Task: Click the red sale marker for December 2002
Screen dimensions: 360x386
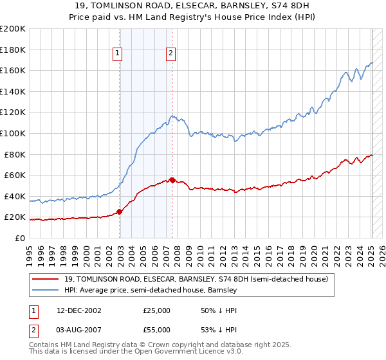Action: coord(120,212)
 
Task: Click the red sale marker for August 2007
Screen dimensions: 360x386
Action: coord(172,180)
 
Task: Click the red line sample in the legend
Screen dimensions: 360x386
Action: coord(46,279)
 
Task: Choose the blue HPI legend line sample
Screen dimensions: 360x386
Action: coord(46,291)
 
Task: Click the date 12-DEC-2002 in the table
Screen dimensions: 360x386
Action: coord(79,310)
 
